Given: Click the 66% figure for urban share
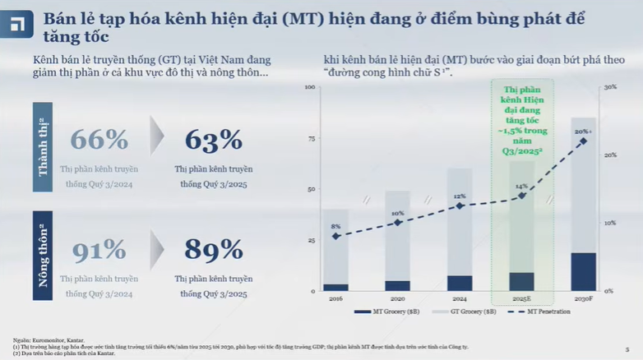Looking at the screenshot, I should [99, 141].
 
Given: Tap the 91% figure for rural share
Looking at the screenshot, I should [99, 249].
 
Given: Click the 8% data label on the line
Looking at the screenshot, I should [335, 226].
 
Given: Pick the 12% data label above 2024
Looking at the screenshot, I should [460, 196].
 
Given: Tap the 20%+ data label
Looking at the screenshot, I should [583, 132].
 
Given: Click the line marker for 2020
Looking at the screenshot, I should [397, 223].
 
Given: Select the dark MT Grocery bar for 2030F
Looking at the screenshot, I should [583, 271].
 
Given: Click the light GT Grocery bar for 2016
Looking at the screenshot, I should [335, 247].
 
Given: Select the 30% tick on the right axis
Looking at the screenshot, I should [610, 87].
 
